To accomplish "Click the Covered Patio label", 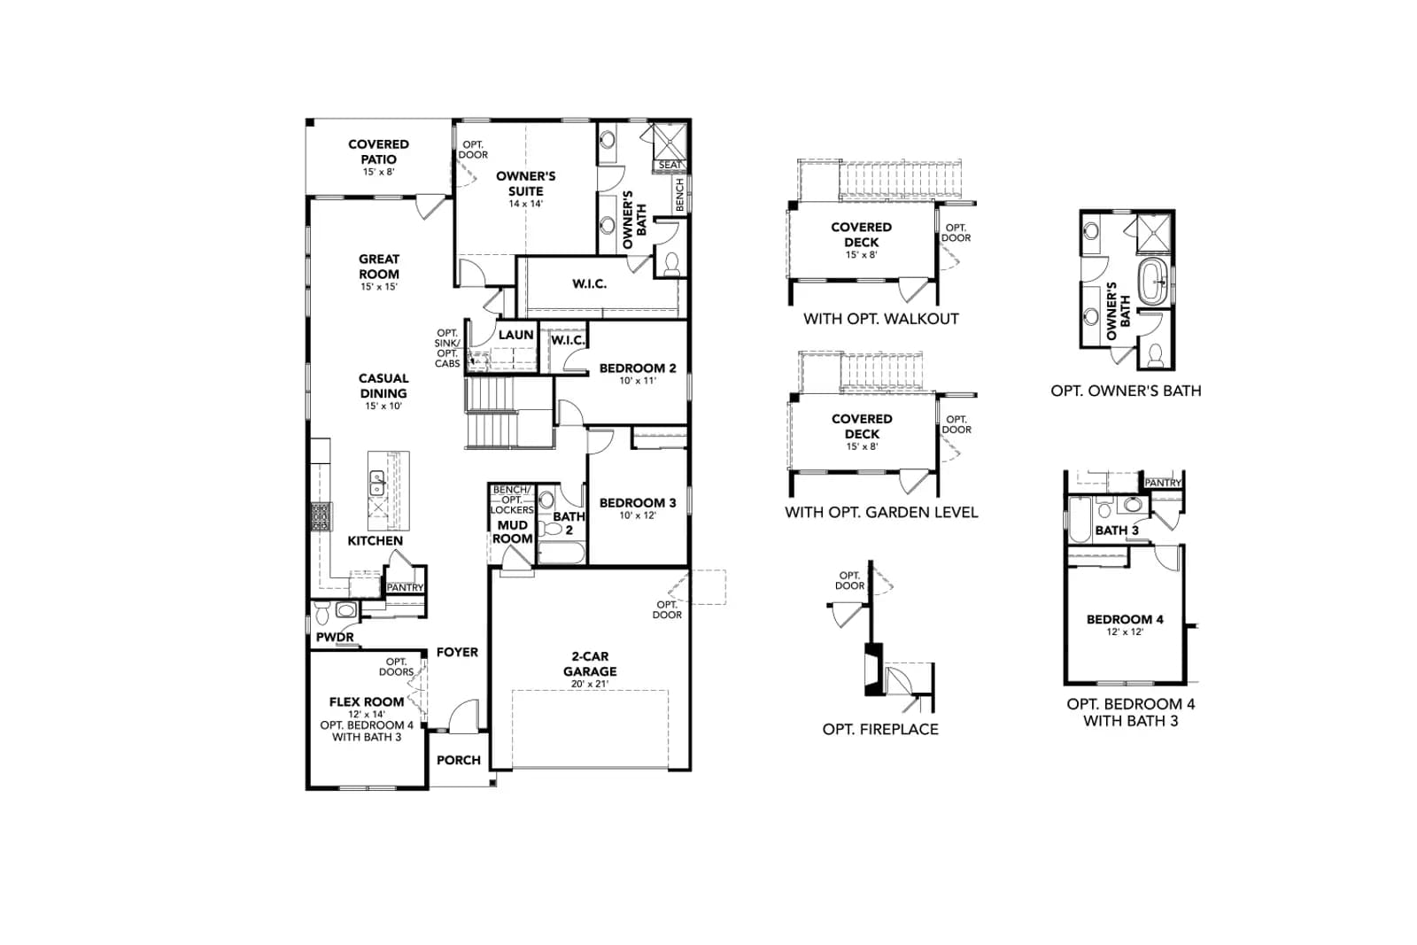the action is (x=378, y=151).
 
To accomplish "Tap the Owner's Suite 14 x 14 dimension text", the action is (x=526, y=204).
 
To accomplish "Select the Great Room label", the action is (x=379, y=267).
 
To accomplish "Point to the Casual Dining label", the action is (x=383, y=386).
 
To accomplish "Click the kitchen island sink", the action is (x=377, y=483).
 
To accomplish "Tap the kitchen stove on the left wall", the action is (x=321, y=516).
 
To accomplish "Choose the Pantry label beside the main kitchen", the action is (x=405, y=587).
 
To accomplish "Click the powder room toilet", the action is (x=322, y=612).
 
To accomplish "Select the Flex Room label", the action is (x=367, y=701).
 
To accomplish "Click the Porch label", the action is (x=459, y=760).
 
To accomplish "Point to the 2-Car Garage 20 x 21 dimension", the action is (x=590, y=684).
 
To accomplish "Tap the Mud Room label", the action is (x=513, y=532).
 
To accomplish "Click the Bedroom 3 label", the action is (x=638, y=503).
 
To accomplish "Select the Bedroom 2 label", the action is (x=638, y=368).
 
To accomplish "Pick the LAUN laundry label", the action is (x=515, y=335).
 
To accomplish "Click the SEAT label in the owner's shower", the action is (x=670, y=165).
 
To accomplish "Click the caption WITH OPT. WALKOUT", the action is (x=881, y=319).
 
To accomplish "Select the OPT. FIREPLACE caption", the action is (x=880, y=729).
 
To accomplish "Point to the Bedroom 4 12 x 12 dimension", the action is (x=1125, y=631).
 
